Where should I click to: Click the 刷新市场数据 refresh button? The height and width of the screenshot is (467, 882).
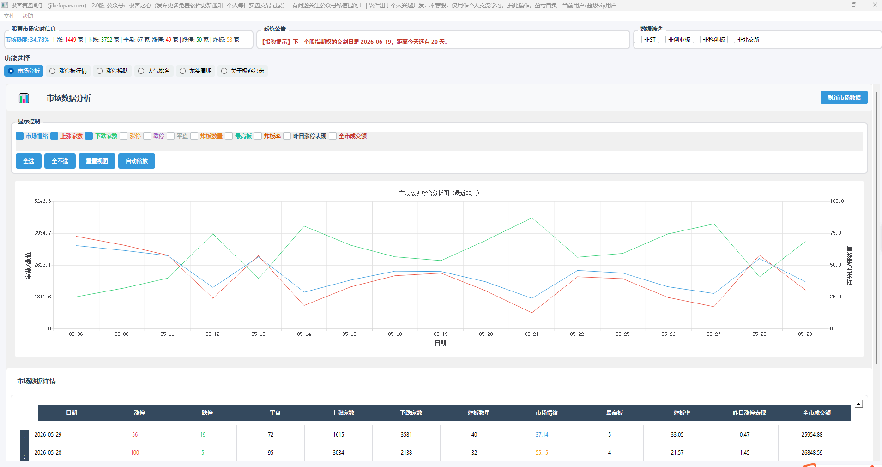click(x=844, y=97)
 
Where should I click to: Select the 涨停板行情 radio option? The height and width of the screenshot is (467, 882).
click(x=53, y=71)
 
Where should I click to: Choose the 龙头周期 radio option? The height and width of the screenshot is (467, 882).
click(x=183, y=71)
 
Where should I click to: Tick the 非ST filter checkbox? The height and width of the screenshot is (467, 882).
click(x=638, y=40)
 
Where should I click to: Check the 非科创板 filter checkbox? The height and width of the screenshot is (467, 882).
click(x=697, y=40)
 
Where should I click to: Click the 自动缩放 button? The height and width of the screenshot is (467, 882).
click(x=137, y=161)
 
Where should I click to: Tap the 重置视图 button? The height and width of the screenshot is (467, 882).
click(x=97, y=161)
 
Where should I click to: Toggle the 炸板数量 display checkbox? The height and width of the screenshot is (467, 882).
click(x=194, y=136)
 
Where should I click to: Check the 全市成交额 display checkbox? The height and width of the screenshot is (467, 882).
click(x=333, y=136)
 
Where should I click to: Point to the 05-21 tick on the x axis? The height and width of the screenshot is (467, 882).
click(x=532, y=334)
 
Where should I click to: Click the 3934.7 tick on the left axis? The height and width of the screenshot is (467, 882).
click(x=42, y=233)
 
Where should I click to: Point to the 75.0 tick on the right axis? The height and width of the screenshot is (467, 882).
click(x=836, y=233)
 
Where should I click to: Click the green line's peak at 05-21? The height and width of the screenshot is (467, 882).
click(x=532, y=218)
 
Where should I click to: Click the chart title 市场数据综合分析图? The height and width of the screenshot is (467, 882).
click(x=424, y=193)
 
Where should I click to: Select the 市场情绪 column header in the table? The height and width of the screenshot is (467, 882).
click(x=547, y=413)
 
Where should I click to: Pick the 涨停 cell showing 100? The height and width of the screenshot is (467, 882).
click(x=135, y=453)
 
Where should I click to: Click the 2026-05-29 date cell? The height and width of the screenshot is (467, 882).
click(x=48, y=435)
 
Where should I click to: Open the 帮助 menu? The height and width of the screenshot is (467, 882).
click(x=28, y=16)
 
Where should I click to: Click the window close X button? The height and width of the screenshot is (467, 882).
click(x=875, y=5)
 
